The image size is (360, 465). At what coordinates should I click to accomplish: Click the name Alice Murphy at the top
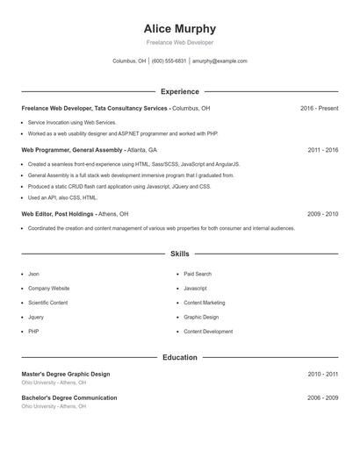[179, 28]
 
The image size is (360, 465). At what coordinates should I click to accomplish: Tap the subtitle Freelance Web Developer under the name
[179, 42]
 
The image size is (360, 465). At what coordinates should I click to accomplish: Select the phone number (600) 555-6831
[169, 61]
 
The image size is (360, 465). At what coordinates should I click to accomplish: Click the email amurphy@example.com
[220, 61]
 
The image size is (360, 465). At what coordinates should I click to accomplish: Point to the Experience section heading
[179, 91]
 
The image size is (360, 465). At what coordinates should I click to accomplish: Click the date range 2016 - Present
[319, 108]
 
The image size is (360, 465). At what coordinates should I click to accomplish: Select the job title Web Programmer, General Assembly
[73, 150]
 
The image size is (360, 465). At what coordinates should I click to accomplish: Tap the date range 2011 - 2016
[322, 150]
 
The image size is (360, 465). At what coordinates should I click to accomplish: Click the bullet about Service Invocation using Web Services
[72, 123]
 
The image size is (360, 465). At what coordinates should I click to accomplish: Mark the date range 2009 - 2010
[322, 213]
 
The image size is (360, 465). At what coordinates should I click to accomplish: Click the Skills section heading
[179, 254]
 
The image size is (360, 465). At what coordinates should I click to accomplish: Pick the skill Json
[33, 274]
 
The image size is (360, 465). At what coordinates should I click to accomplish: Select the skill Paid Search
[198, 274]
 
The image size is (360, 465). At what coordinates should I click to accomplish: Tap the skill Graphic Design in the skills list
[201, 317]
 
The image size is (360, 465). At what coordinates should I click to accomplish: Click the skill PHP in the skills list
[33, 332]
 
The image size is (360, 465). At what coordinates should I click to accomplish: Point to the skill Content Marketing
[205, 303]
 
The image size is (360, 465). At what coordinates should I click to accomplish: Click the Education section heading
[179, 357]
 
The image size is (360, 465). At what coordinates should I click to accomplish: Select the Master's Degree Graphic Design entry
[66, 374]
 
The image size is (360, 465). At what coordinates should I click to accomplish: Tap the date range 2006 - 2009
[322, 397]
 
